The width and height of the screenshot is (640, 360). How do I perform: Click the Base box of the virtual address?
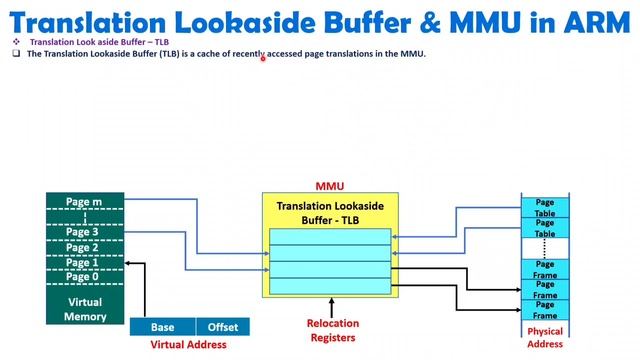pos(162,327)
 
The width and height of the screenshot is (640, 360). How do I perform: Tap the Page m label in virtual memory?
pos(84,202)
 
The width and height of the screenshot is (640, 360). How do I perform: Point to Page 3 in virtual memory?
pos(84,232)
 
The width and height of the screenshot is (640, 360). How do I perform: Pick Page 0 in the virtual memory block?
pos(84,276)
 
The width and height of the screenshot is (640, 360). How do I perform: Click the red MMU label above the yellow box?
pos(330,186)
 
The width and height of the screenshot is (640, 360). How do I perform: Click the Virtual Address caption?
pos(188,345)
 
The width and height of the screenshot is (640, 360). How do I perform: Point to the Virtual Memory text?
pos(84,309)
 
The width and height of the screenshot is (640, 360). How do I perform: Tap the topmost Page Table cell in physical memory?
pos(545,208)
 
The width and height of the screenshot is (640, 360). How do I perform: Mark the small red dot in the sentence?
pos(263,58)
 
